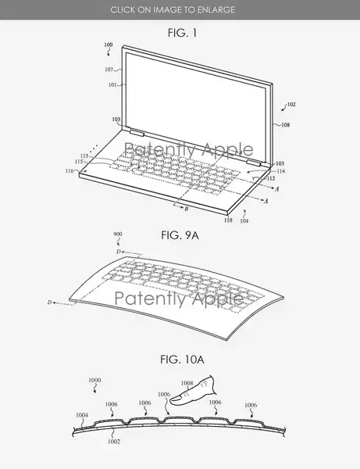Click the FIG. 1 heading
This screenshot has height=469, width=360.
click(x=182, y=33)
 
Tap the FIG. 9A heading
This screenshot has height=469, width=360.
click(x=180, y=235)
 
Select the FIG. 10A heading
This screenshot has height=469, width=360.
click(x=182, y=359)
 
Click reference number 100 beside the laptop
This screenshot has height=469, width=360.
click(x=108, y=45)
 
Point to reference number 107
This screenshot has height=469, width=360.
click(x=109, y=70)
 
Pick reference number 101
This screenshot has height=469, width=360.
click(x=112, y=84)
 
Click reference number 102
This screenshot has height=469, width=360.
click(x=291, y=105)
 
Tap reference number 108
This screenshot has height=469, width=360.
click(x=286, y=125)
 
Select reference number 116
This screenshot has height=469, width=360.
click(x=70, y=170)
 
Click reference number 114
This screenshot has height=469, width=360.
click(x=281, y=171)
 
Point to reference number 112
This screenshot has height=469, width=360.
click(x=271, y=178)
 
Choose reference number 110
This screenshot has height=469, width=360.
click(x=228, y=220)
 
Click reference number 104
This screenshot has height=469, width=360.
click(x=244, y=220)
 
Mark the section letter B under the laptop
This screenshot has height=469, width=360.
click(x=187, y=209)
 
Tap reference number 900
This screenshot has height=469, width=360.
click(x=118, y=234)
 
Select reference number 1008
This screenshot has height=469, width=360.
click(x=187, y=383)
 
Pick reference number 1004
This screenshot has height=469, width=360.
click(x=82, y=415)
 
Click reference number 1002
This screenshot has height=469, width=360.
click(x=114, y=441)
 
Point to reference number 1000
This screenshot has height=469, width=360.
click(x=94, y=380)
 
